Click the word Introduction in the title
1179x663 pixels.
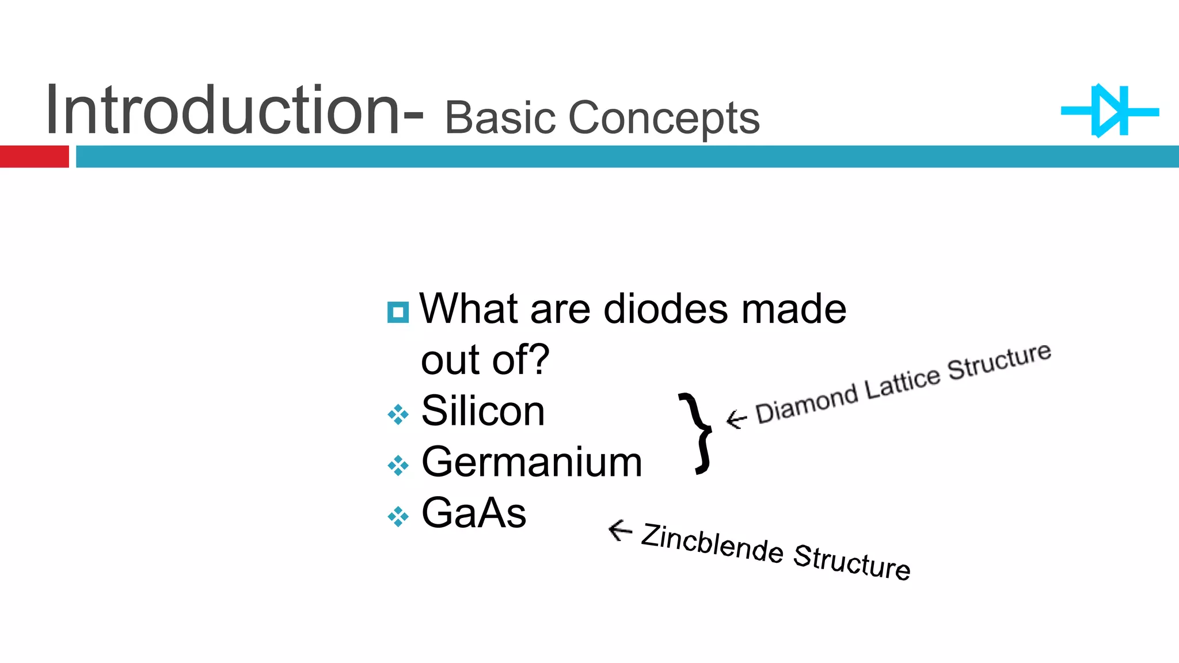(x=222, y=110)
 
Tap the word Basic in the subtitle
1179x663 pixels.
(x=499, y=118)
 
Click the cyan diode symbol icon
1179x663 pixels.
(x=1110, y=112)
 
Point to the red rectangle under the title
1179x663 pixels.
(x=34, y=157)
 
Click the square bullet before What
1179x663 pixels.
(x=398, y=313)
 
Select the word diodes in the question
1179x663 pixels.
(x=665, y=309)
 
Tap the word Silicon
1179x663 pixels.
(x=482, y=411)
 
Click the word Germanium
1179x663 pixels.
(x=531, y=462)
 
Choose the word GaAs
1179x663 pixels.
(x=473, y=513)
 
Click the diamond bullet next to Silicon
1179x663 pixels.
(x=398, y=414)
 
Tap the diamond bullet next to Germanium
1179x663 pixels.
(x=398, y=465)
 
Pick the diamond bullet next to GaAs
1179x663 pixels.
(x=398, y=516)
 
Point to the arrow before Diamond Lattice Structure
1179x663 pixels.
(x=736, y=418)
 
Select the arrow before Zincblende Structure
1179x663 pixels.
(x=620, y=529)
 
